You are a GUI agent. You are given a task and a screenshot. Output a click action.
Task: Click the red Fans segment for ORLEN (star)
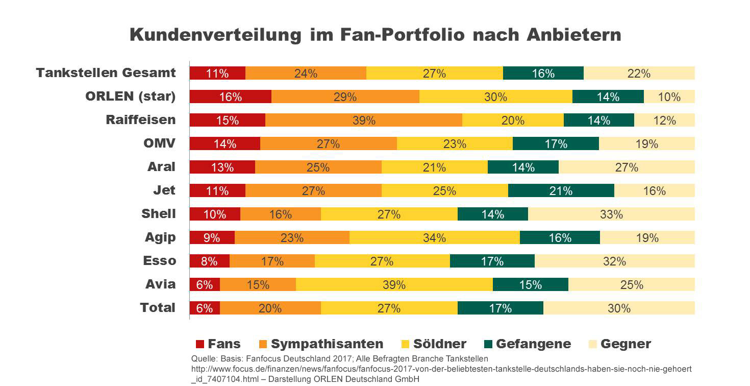pyautogui.click(x=230, y=96)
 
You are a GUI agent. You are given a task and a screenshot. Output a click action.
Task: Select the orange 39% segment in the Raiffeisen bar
pyautogui.click(x=363, y=120)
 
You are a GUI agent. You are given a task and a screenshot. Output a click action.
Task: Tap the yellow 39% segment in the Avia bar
pyautogui.click(x=394, y=284)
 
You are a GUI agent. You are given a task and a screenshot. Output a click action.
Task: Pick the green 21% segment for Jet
pyautogui.click(x=561, y=190)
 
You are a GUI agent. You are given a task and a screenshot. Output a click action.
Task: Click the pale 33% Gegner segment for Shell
pyautogui.click(x=611, y=214)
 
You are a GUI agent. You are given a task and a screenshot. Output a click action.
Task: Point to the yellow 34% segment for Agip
pyautogui.click(x=434, y=237)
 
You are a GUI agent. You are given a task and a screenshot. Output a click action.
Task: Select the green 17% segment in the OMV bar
pyautogui.click(x=556, y=143)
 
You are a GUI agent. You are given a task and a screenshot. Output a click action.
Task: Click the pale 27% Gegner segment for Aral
pyautogui.click(x=627, y=167)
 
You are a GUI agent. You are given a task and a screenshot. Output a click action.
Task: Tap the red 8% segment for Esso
pyautogui.click(x=209, y=261)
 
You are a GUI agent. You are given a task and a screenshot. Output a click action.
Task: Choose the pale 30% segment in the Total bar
pyautogui.click(x=619, y=308)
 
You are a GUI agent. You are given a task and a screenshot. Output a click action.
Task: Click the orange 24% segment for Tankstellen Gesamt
pyautogui.click(x=306, y=73)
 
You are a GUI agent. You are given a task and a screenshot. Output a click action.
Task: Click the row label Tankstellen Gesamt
pyautogui.click(x=106, y=73)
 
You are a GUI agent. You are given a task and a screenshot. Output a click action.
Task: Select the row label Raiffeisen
pyautogui.click(x=140, y=119)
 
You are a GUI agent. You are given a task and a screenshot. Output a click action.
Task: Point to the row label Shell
pyautogui.click(x=158, y=213)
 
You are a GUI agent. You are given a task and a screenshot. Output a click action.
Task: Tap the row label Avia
pyautogui.click(x=160, y=284)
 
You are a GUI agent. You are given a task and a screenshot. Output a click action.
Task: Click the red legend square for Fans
pyautogui.click(x=199, y=344)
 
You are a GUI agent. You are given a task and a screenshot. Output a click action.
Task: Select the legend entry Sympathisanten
pyautogui.click(x=327, y=344)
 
